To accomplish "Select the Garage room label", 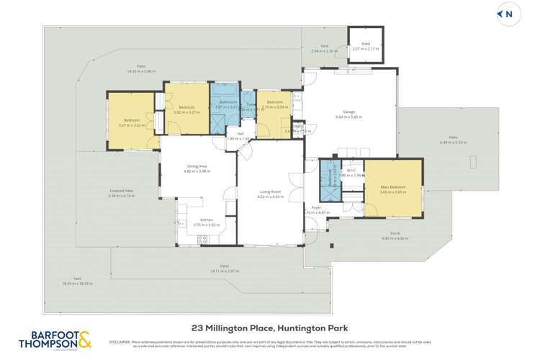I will pyautogui.click(x=349, y=112).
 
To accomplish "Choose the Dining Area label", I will pyautogui.click(x=196, y=168).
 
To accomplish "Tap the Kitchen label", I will pyautogui.click(x=207, y=220).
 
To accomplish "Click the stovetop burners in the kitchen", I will pyautogui.click(x=203, y=238).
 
